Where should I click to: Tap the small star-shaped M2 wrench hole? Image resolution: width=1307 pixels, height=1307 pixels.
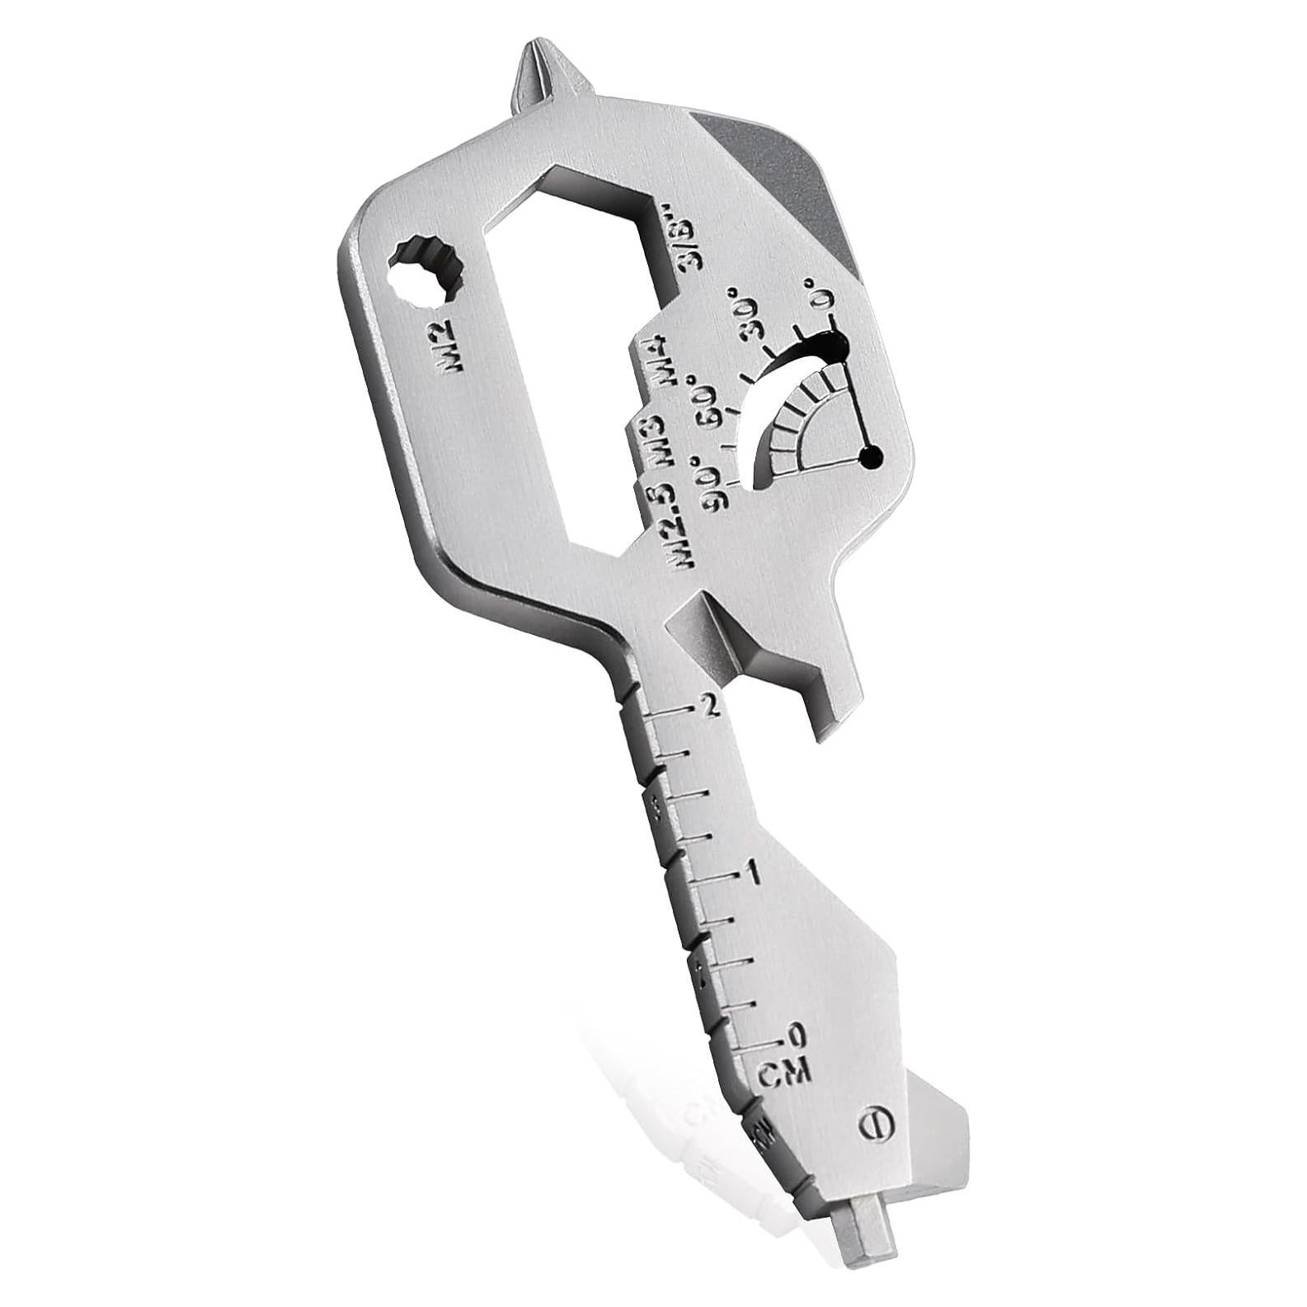coord(426,271)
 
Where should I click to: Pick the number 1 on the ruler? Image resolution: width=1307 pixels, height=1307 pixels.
coord(751,876)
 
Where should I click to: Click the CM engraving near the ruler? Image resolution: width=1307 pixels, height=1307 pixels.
coord(785,1073)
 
